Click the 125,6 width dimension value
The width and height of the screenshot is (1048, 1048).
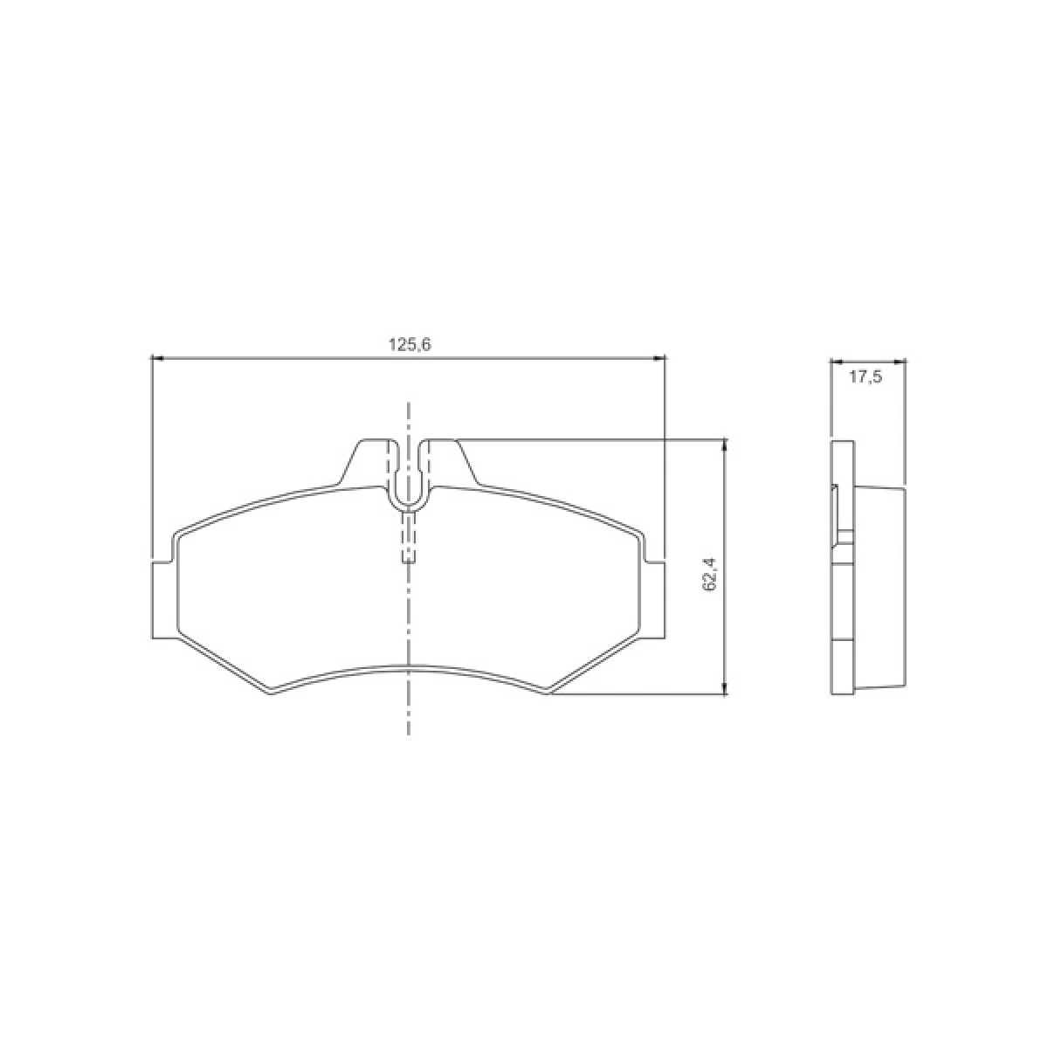410,345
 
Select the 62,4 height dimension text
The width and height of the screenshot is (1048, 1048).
709,576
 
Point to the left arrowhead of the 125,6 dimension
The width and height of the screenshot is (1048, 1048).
157,357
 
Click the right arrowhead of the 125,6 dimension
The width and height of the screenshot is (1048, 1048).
660,357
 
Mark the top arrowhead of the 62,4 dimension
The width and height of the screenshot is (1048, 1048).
724,445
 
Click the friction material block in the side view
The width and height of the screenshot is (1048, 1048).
880,589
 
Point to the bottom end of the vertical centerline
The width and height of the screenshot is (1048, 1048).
409,732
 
